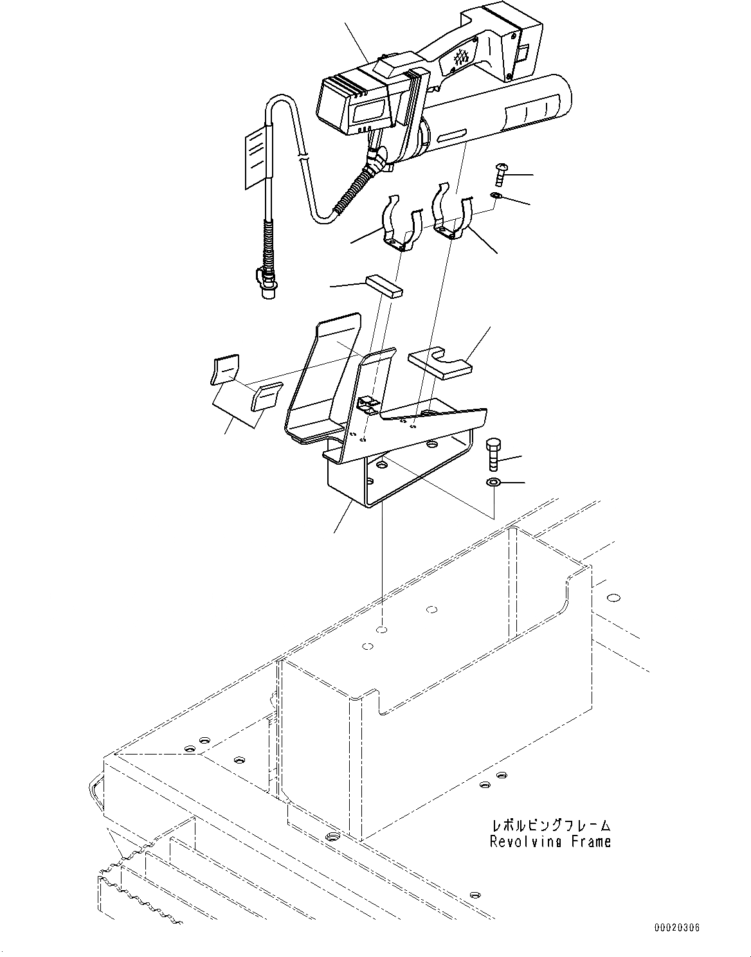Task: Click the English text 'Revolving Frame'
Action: coord(550,841)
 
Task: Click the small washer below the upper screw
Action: coord(495,195)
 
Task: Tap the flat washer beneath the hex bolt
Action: coord(493,482)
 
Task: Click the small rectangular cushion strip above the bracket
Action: coord(384,285)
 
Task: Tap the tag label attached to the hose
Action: coord(257,157)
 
